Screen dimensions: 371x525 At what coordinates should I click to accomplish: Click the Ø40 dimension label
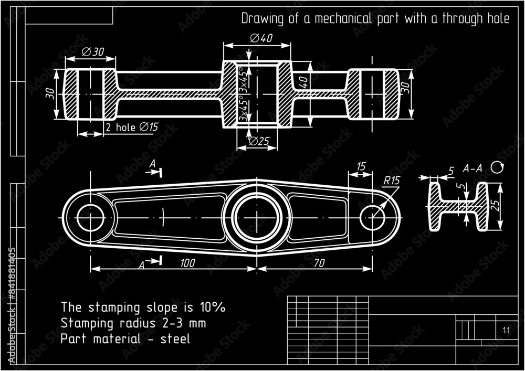coord(261,38)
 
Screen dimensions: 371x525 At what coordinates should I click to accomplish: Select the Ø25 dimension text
coord(259,141)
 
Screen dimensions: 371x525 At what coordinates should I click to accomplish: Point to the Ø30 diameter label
coord(93,51)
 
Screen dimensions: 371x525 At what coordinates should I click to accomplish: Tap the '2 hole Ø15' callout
coord(132,128)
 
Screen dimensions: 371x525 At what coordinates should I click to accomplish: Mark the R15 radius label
coord(391,181)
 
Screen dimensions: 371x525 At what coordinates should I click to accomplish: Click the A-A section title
coord(472,169)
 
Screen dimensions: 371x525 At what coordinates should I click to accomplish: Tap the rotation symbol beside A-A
coord(497,167)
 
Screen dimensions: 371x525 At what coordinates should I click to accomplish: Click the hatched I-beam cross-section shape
coord(458,207)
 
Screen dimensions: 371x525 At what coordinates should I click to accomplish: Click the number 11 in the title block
coord(506,330)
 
